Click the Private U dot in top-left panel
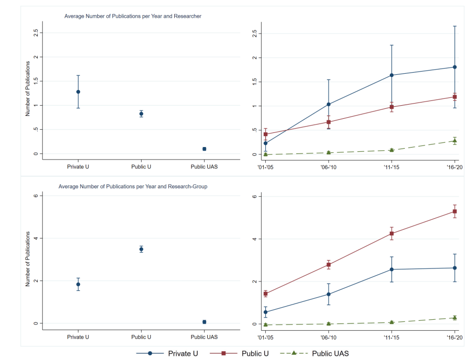pos(78,92)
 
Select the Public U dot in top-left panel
pos(141,114)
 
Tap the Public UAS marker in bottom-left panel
pos(204,322)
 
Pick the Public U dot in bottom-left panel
pos(141,249)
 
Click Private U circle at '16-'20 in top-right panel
pos(455,67)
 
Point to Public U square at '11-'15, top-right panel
pos(391,107)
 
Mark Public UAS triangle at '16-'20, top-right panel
pos(455,141)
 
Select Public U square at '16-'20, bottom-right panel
pos(455,211)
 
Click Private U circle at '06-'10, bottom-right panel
pos(328,294)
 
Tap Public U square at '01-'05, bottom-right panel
pos(266,294)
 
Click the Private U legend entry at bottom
pos(167,353)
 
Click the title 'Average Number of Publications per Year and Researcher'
pos(133,16)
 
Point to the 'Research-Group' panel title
pos(133,186)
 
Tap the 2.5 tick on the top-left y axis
pos(35,32)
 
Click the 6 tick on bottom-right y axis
pos(253,196)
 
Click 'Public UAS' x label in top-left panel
pos(204,167)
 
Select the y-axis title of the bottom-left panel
pos(28,260)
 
